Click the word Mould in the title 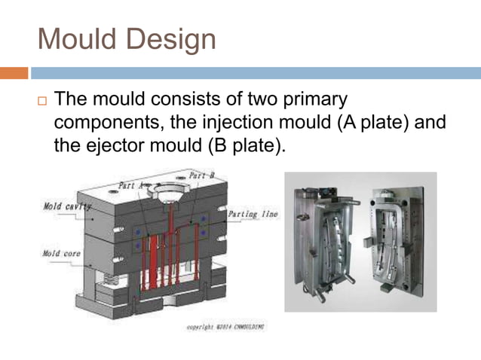tap(77, 38)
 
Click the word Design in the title tap(170, 38)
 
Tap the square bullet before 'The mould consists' tap(42, 100)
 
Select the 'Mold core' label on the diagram tap(61, 254)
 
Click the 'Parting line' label tap(253, 215)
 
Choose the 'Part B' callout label tap(201, 175)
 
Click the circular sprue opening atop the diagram tap(173, 185)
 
